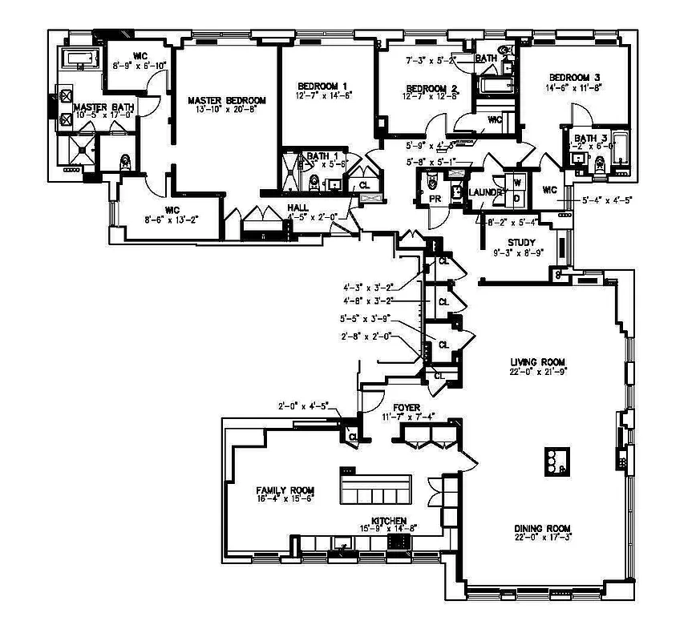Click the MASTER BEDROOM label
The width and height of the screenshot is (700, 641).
pyautogui.click(x=227, y=100)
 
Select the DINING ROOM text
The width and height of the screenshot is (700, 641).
pyautogui.click(x=542, y=529)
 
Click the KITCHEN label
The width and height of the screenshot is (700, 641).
pyautogui.click(x=388, y=520)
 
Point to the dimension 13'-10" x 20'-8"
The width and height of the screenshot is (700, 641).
pyautogui.click(x=227, y=110)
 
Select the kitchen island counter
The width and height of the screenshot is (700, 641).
pyautogui.click(x=376, y=489)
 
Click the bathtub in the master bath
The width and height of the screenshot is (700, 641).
pyautogui.click(x=80, y=58)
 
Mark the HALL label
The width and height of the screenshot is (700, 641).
pyautogui.click(x=297, y=207)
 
